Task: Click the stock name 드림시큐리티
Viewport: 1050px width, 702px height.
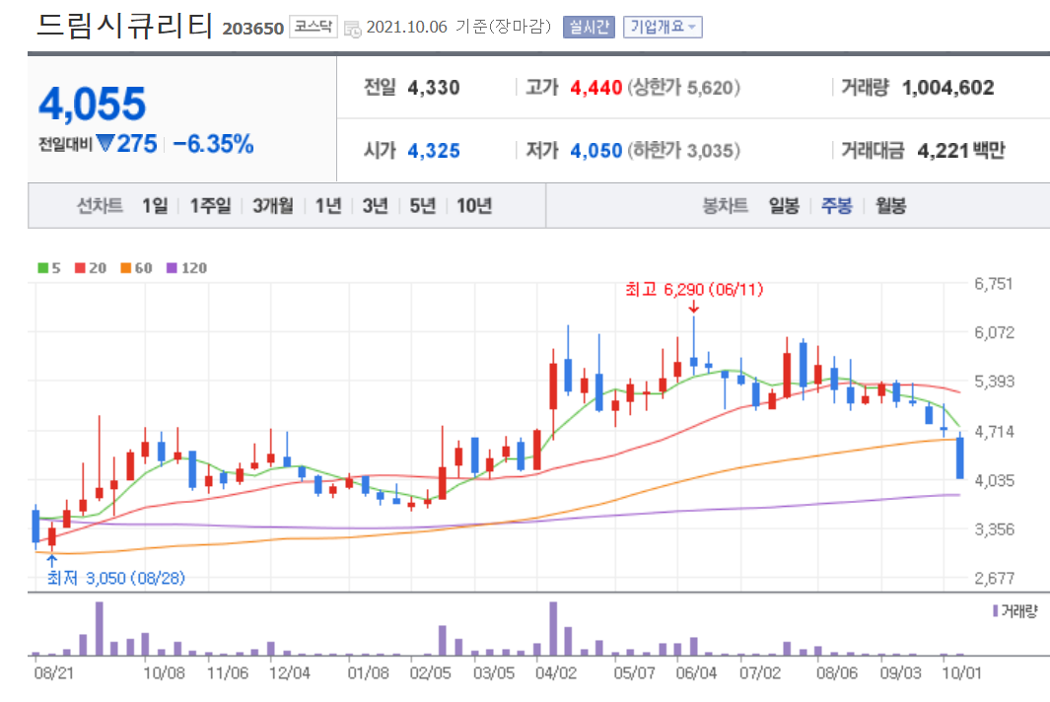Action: (124, 26)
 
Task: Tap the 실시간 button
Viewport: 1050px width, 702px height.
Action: (588, 28)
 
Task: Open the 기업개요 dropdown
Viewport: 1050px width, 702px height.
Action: (663, 28)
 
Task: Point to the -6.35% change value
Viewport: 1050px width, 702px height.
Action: (213, 144)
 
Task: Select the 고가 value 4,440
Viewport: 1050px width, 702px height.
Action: (595, 88)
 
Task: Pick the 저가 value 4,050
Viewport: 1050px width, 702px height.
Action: (595, 151)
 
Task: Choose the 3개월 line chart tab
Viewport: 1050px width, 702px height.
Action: (272, 206)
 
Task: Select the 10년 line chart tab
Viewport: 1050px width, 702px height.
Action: (473, 206)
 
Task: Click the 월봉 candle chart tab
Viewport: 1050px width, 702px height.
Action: (890, 206)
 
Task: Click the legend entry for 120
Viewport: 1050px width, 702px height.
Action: (187, 268)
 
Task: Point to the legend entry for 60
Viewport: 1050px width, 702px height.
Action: (138, 268)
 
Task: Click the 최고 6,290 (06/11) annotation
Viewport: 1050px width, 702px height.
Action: (694, 290)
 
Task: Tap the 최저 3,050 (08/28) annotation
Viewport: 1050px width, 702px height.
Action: (116, 578)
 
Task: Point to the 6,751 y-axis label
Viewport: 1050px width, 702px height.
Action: (993, 284)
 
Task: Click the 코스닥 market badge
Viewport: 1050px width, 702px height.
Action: (313, 28)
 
